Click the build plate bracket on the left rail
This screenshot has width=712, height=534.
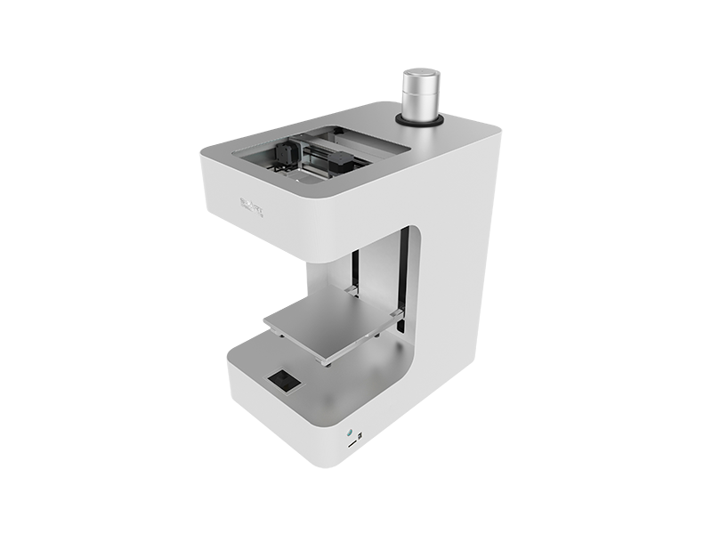[x=352, y=288]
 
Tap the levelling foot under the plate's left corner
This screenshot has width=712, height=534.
[x=282, y=336]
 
